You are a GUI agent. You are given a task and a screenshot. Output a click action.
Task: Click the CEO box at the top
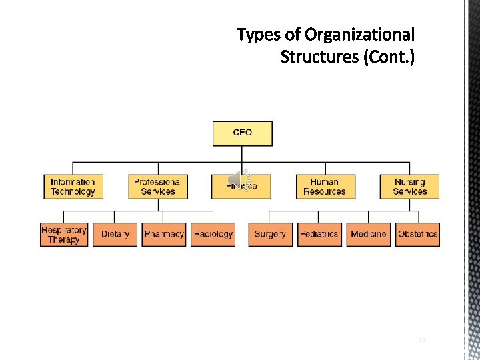click(x=242, y=133)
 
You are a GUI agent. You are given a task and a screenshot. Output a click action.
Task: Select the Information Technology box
click(x=73, y=186)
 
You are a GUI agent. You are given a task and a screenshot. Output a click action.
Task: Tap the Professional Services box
click(x=157, y=186)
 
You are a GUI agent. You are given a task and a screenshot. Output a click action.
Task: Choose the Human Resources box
click(x=325, y=186)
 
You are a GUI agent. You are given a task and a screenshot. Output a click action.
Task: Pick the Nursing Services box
click(x=409, y=186)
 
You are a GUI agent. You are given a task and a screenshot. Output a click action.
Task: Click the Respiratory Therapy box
click(x=64, y=234)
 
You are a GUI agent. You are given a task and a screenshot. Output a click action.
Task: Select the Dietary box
click(x=115, y=234)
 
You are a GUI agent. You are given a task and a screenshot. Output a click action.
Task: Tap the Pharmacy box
click(x=163, y=234)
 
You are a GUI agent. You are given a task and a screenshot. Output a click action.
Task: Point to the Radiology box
click(x=213, y=234)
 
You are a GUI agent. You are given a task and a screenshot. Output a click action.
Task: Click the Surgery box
click(x=269, y=234)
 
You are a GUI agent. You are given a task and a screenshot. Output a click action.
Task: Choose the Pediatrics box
click(x=319, y=234)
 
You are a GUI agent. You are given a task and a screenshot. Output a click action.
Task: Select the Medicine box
click(x=368, y=234)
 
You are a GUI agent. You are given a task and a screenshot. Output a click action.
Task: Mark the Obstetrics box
click(x=417, y=234)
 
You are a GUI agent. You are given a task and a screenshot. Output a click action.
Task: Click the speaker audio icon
click(x=237, y=179)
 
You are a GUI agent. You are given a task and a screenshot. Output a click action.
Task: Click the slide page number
click(x=421, y=340)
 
